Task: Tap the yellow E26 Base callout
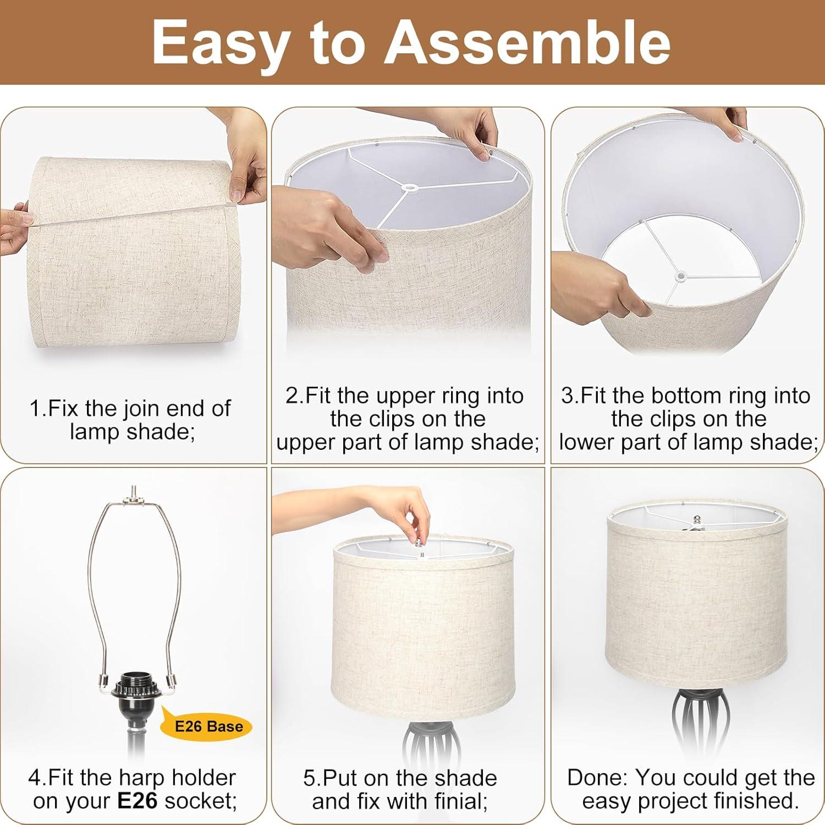click(208, 727)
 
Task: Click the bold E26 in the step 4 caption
click(137, 801)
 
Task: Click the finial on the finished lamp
click(697, 520)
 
